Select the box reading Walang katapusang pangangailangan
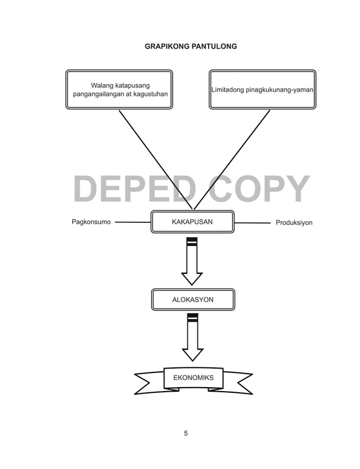click(119, 89)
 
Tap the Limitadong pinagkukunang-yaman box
click(262, 89)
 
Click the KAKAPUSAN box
click(192, 222)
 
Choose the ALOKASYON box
click(192, 300)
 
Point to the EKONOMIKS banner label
click(193, 378)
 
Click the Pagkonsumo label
click(91, 222)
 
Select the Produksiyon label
click(294, 223)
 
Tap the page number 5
click(186, 433)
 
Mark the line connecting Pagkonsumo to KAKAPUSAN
click(133, 222)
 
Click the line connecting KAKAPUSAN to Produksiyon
click(252, 223)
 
